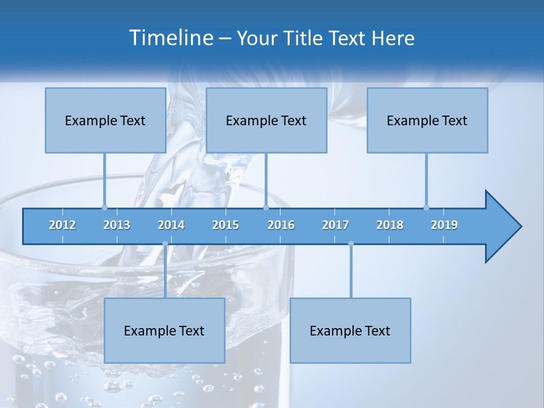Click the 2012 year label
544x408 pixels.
tap(62, 225)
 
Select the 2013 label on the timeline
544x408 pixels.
tap(117, 225)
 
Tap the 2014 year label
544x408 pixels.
tap(171, 225)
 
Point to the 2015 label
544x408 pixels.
tap(226, 225)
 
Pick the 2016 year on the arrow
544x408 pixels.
tap(281, 225)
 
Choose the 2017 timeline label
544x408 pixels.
tap(335, 225)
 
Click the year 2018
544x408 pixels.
tap(390, 225)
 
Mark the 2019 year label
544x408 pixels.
tap(444, 225)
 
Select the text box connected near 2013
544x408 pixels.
tap(105, 120)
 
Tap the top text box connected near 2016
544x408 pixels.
tap(266, 120)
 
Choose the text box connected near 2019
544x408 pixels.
tap(427, 120)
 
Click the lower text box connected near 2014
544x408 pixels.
tap(164, 330)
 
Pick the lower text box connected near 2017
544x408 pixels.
tap(350, 330)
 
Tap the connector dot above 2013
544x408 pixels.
tap(104, 207)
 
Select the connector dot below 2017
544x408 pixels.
tap(351, 244)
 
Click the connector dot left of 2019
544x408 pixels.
tap(426, 207)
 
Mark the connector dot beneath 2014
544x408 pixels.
tap(165, 244)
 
